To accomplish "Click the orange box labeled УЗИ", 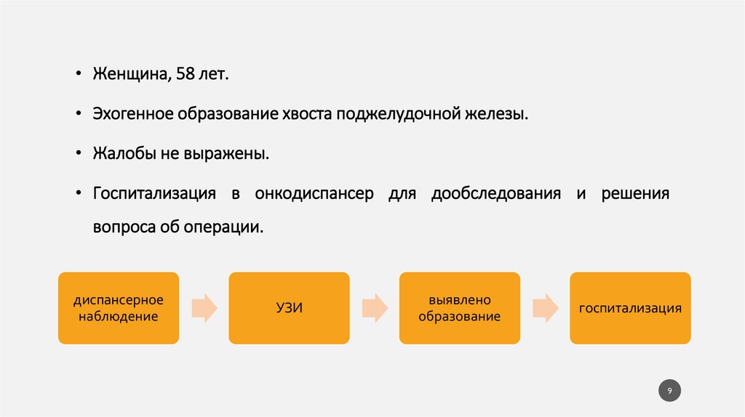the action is pos(289,308).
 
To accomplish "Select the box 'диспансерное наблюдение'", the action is pos(118,308).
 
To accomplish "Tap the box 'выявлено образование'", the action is pos(459,308).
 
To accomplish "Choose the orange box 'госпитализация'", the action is pos(630,308).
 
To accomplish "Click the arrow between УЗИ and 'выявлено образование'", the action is pos(374,308).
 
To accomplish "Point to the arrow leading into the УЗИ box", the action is pos(204,308).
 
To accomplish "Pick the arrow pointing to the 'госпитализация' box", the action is pos(545,308).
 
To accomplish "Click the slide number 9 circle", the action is pos(670,392).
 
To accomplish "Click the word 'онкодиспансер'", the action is pos(314,194).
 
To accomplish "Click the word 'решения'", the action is pos(635,194).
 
